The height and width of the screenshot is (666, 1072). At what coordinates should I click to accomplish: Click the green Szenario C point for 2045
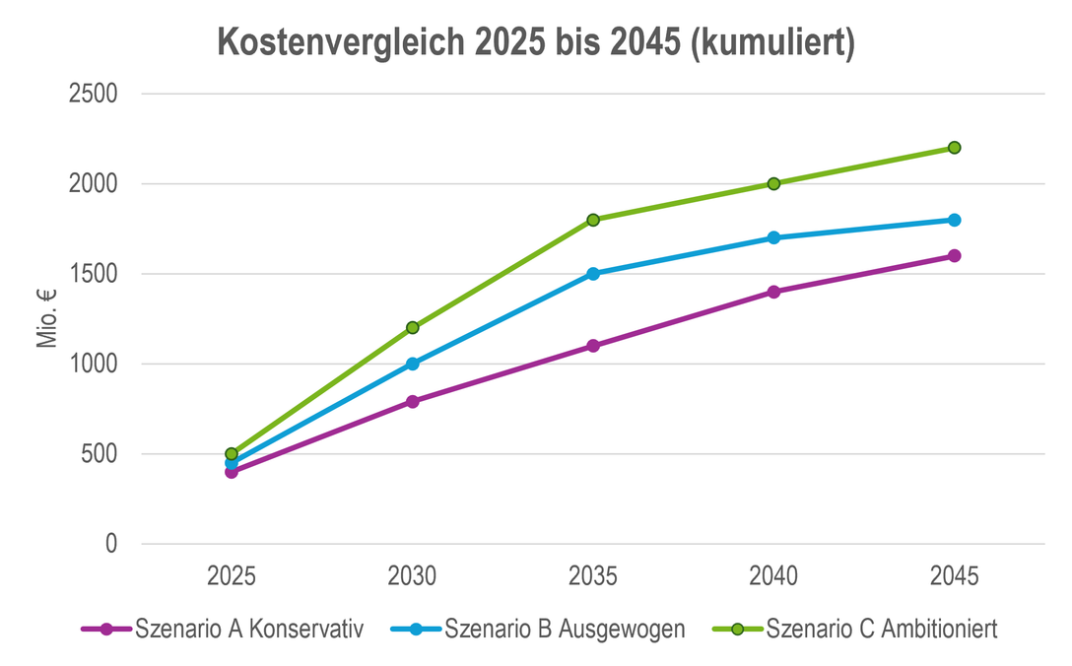(x=955, y=148)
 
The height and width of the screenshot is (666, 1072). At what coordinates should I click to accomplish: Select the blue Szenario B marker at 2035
(x=593, y=274)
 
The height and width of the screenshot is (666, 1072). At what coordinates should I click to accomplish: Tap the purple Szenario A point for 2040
(x=773, y=292)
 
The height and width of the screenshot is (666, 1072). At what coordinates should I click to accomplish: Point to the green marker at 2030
(x=412, y=327)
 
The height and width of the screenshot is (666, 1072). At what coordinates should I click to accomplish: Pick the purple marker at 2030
(x=412, y=401)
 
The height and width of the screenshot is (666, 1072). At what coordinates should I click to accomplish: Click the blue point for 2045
(x=955, y=220)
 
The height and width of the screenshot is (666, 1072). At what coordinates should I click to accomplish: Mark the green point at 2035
(x=593, y=220)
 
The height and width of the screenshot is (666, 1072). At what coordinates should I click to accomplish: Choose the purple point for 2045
(x=955, y=256)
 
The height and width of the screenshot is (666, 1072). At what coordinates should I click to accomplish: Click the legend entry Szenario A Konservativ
(x=223, y=629)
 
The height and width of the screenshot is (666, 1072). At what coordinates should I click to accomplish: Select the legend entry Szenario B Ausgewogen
(x=538, y=629)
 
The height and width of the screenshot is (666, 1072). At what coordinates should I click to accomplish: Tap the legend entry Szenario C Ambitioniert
(x=854, y=629)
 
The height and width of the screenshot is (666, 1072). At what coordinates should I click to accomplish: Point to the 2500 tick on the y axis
(x=93, y=94)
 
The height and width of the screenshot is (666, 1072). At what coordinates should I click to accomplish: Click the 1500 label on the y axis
(x=93, y=274)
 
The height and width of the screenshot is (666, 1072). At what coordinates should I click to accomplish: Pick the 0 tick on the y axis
(x=111, y=544)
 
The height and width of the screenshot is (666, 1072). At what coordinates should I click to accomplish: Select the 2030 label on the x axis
(x=412, y=575)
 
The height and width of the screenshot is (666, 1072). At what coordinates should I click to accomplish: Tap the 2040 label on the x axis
(x=773, y=575)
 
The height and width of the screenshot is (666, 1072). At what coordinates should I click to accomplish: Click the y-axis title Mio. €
(x=46, y=318)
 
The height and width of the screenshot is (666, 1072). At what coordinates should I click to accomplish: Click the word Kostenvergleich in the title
(x=341, y=42)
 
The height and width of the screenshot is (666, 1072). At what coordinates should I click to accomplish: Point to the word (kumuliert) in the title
(x=772, y=43)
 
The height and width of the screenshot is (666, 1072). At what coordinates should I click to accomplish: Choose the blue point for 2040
(x=773, y=238)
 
